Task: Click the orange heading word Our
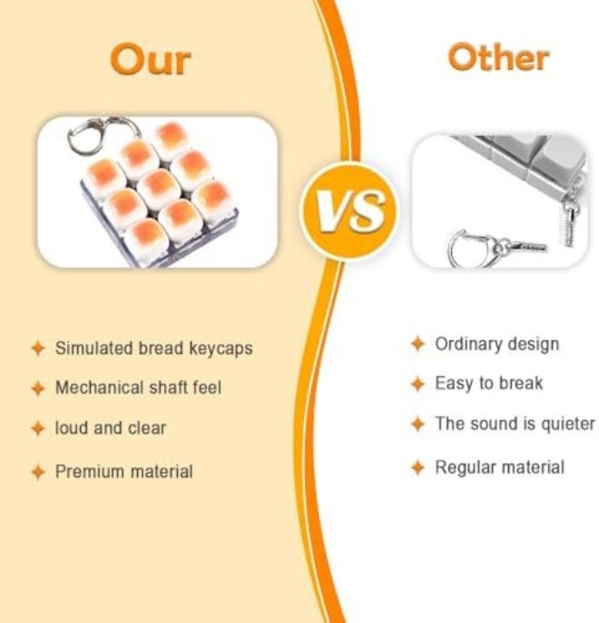click(x=151, y=60)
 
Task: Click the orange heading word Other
click(x=498, y=58)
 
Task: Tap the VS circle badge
click(x=349, y=210)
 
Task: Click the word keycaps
click(x=221, y=349)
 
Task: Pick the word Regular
click(x=463, y=468)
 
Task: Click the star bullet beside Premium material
click(x=38, y=472)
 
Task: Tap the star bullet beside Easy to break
click(x=417, y=385)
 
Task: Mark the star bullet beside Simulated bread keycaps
click(x=38, y=348)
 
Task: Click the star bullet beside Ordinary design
click(x=417, y=344)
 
